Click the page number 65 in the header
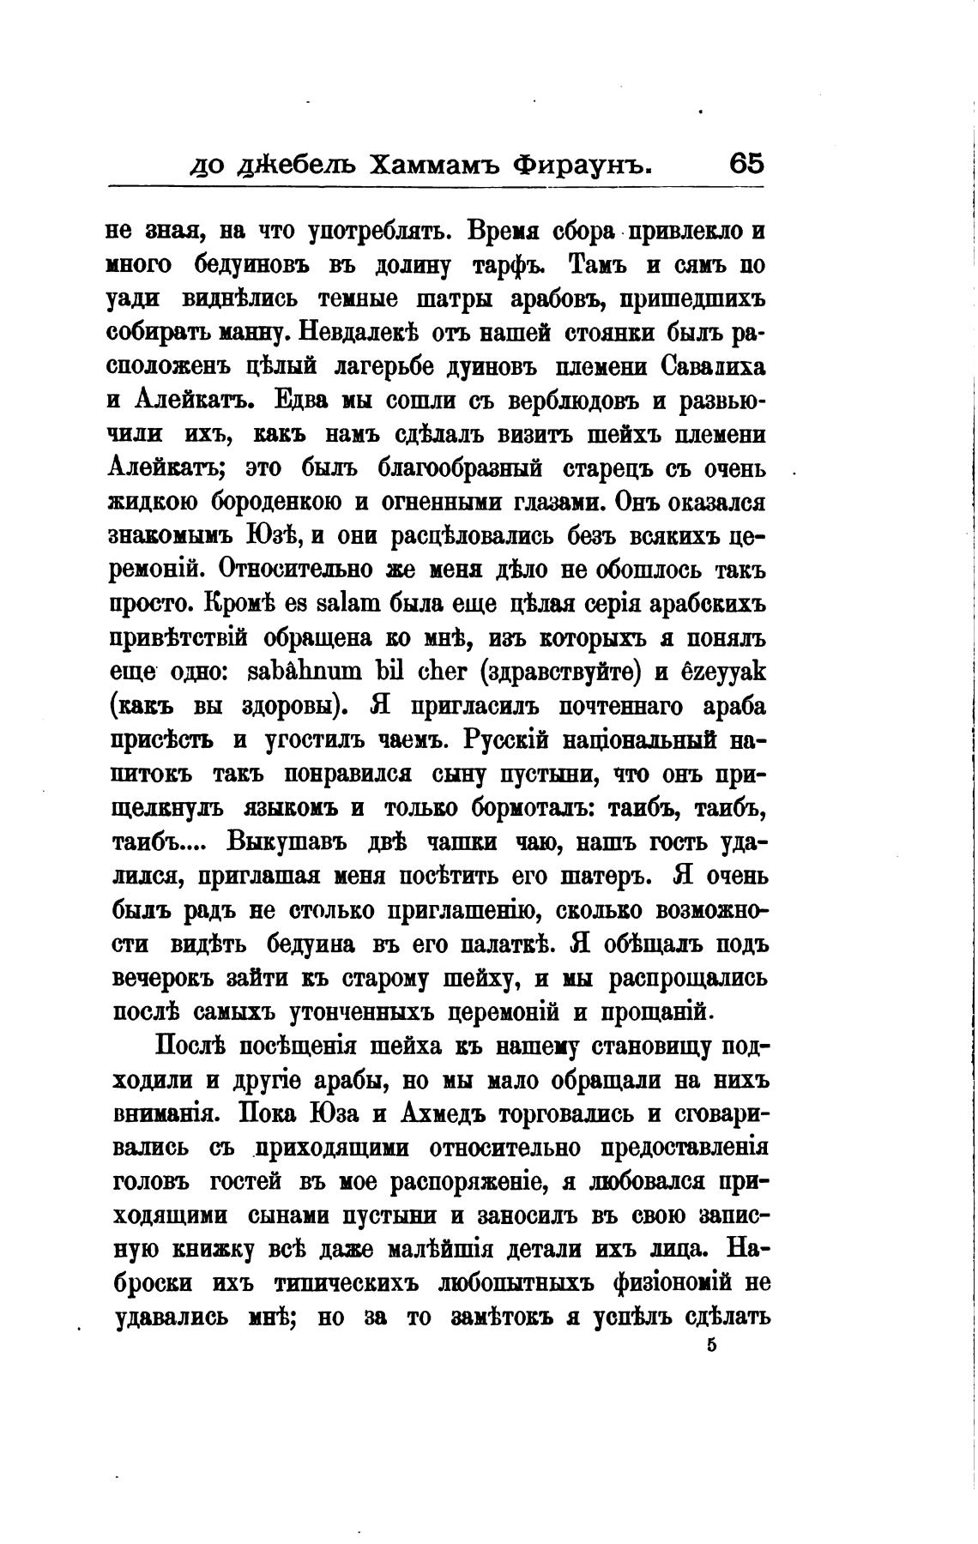coord(746,163)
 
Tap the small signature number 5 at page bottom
coord(711,1346)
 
